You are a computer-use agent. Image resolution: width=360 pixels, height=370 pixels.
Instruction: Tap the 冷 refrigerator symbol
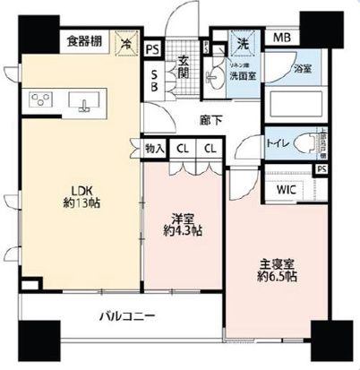pyautogui.click(x=128, y=41)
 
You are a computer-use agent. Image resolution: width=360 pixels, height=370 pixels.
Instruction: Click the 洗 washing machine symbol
pyautogui.click(x=242, y=41)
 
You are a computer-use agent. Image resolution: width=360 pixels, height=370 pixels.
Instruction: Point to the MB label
pyautogui.click(x=282, y=39)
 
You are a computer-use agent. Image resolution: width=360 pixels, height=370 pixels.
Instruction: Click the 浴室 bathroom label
pyautogui.click(x=304, y=68)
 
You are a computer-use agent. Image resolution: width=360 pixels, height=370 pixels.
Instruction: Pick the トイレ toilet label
pyautogui.click(x=276, y=142)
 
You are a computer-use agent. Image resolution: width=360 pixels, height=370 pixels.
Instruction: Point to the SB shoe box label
pyautogui.click(x=154, y=81)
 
